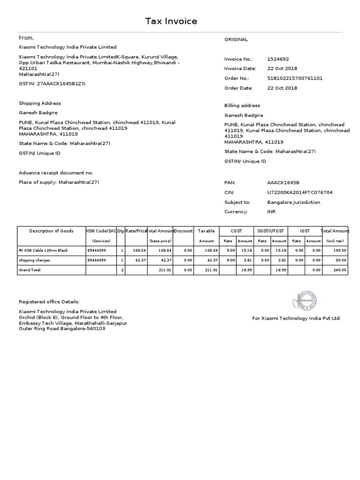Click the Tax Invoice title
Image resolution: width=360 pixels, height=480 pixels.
coord(171,21)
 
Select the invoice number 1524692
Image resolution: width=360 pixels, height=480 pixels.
coord(278,59)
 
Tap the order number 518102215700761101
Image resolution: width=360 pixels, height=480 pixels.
coord(295,78)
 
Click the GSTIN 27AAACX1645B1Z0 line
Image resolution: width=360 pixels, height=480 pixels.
coord(52,83)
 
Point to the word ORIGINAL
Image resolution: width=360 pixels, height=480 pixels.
coord(236,40)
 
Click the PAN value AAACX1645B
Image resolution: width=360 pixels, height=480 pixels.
coord(283,183)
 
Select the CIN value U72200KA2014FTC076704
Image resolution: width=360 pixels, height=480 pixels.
coord(300,193)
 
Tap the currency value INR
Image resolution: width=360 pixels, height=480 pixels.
coord(271,212)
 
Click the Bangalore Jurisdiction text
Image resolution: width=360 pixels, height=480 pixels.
coord(294,202)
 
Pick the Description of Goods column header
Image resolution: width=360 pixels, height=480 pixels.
coord(51,231)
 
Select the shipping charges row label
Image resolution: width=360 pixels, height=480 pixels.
coord(34,260)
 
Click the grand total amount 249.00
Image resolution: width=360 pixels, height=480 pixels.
coord(340,270)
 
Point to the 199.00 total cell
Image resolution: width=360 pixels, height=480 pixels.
coord(340,251)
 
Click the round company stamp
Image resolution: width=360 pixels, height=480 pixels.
coord(305,301)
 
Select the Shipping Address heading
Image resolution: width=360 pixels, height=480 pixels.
coord(40,103)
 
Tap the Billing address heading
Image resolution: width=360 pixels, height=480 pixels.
coord(242,105)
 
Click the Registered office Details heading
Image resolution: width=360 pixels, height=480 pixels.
coord(49,302)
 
